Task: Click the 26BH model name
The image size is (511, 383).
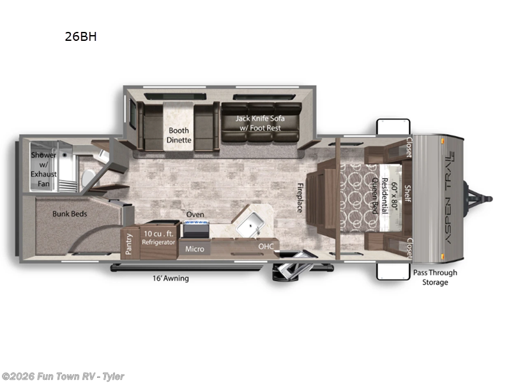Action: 80,36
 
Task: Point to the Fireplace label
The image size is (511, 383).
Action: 299,198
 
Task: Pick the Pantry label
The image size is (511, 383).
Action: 129,243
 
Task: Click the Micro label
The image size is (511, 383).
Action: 195,248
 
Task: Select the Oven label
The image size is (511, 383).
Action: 195,214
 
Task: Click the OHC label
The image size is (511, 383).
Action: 265,246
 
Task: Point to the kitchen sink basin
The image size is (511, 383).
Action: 250,223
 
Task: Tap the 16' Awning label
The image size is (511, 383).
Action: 170,278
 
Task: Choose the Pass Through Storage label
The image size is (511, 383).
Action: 435,277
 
